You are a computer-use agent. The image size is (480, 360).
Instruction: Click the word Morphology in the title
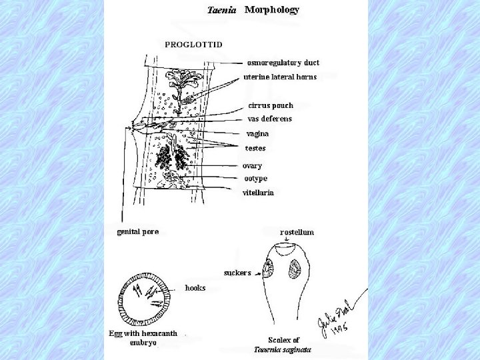coord(272,10)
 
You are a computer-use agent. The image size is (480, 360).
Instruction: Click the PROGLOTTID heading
coord(194,44)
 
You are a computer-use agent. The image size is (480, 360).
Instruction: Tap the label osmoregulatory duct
coord(283,63)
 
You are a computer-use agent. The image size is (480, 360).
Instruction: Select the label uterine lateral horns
coord(279,77)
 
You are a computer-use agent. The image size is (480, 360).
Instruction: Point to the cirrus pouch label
coord(271,105)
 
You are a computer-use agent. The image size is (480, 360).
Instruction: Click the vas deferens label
coord(269,119)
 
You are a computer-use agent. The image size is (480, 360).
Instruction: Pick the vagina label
coord(258,133)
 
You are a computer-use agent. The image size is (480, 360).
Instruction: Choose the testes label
coord(256,148)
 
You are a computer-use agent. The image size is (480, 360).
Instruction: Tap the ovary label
coord(252,165)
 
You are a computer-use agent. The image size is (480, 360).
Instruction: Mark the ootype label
coord(255,178)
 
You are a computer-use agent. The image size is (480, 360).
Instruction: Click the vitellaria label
coord(258,192)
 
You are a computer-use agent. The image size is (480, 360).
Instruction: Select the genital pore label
coord(138,231)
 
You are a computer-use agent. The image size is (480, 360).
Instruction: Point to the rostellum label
coord(297,232)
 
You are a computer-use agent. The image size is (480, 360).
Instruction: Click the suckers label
coord(237,273)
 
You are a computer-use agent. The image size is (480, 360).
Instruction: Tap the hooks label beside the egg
coord(195,288)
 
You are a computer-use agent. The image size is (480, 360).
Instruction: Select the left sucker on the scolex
coord(269,269)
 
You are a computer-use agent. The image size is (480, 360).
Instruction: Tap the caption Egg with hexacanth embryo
coord(143,338)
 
